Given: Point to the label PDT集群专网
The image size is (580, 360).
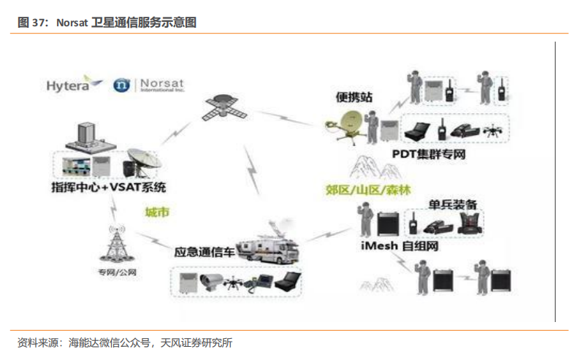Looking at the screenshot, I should click(x=428, y=154).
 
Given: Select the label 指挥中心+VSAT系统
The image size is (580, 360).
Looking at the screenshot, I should click(x=108, y=186).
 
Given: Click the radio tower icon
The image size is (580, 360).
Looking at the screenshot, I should click(x=116, y=245).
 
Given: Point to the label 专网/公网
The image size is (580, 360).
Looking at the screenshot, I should click(x=117, y=272).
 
